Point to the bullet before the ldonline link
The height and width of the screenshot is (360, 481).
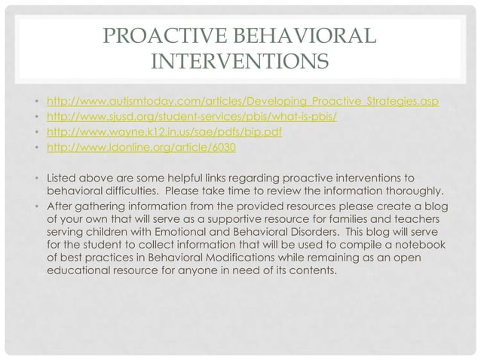[x=37, y=148]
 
